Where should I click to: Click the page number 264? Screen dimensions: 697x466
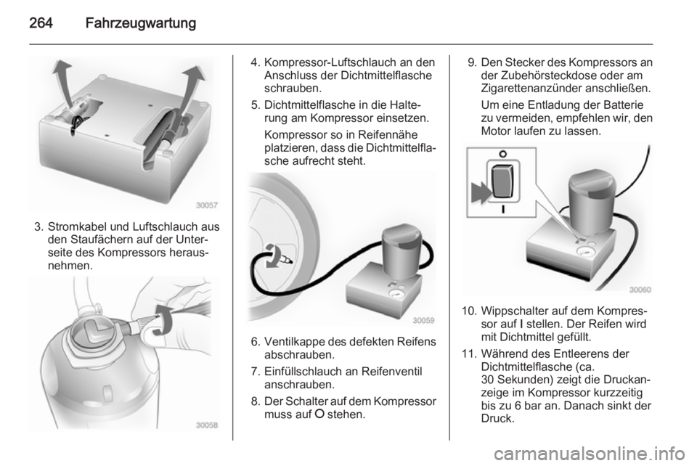click(x=41, y=23)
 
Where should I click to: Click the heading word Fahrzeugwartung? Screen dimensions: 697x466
click(x=140, y=23)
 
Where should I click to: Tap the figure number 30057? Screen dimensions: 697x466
click(x=207, y=205)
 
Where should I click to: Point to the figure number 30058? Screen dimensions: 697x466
click(x=207, y=425)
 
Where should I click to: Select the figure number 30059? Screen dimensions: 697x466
click(x=423, y=320)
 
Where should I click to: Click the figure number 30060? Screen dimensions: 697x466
click(x=640, y=290)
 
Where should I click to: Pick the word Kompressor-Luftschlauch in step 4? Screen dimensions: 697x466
click(x=331, y=62)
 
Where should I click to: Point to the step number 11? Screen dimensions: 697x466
click(x=469, y=353)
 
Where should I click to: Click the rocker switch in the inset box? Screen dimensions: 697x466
click(x=502, y=181)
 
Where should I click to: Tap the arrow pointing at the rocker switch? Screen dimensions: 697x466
click(x=481, y=193)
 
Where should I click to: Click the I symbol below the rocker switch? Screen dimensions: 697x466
click(x=502, y=209)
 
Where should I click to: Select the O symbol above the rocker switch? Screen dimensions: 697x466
click(x=502, y=154)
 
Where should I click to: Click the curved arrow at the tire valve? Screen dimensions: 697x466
click(x=272, y=256)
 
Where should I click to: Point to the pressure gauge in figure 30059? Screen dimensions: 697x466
click(x=394, y=294)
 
